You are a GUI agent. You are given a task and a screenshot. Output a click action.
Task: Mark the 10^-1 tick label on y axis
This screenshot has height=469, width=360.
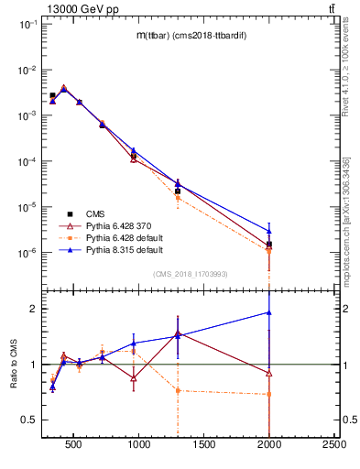point(27,25)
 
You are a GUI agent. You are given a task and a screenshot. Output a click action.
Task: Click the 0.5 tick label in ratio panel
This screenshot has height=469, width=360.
point(30,420)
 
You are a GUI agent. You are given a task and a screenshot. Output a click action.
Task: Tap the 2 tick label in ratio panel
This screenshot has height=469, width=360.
point(35,310)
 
